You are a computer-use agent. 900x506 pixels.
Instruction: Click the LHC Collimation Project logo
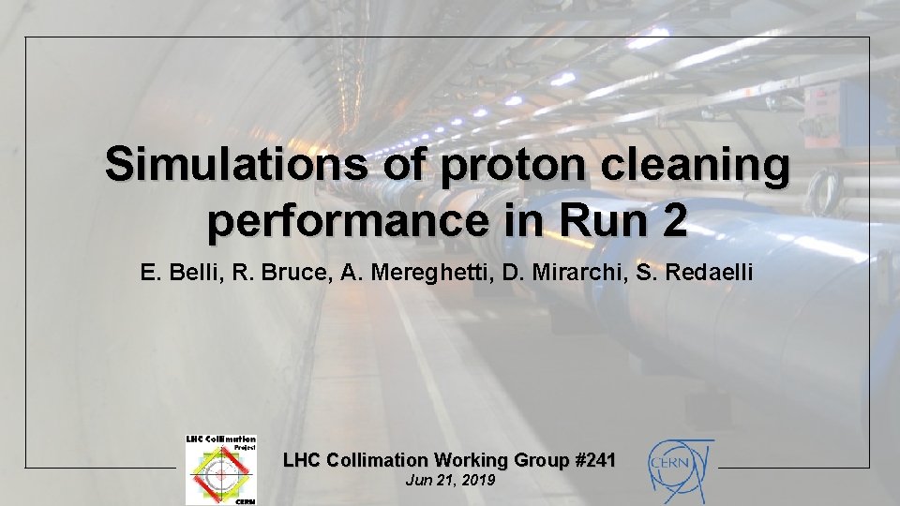point(220,469)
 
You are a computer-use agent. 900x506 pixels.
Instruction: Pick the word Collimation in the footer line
point(370,460)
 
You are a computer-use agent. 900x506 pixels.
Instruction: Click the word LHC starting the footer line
point(300,460)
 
